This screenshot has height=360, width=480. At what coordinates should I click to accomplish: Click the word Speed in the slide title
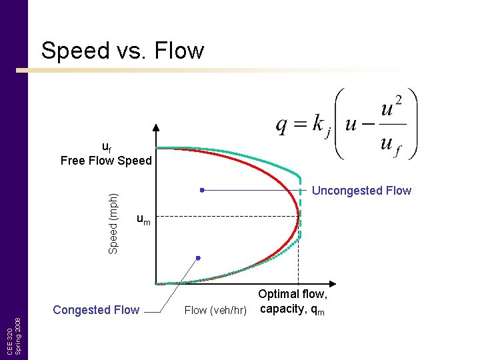click(73, 51)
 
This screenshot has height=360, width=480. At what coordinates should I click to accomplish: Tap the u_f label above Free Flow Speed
click(107, 147)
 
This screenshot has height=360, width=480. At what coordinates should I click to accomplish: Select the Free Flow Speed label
click(106, 161)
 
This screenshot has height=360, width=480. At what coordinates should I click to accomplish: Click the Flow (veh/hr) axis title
click(215, 310)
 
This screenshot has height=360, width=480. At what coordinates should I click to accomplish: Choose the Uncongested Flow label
click(361, 191)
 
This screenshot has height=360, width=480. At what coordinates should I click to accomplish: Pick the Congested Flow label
click(96, 310)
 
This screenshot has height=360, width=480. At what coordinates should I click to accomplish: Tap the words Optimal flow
click(293, 295)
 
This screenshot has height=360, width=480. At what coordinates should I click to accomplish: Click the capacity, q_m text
click(293, 309)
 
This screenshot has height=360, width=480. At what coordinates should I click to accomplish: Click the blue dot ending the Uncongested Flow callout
click(201, 190)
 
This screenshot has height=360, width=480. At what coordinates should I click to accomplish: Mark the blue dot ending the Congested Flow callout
click(198, 257)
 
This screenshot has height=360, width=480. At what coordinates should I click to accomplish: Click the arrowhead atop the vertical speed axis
click(156, 129)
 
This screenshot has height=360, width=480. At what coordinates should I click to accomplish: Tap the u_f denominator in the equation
click(390, 144)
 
